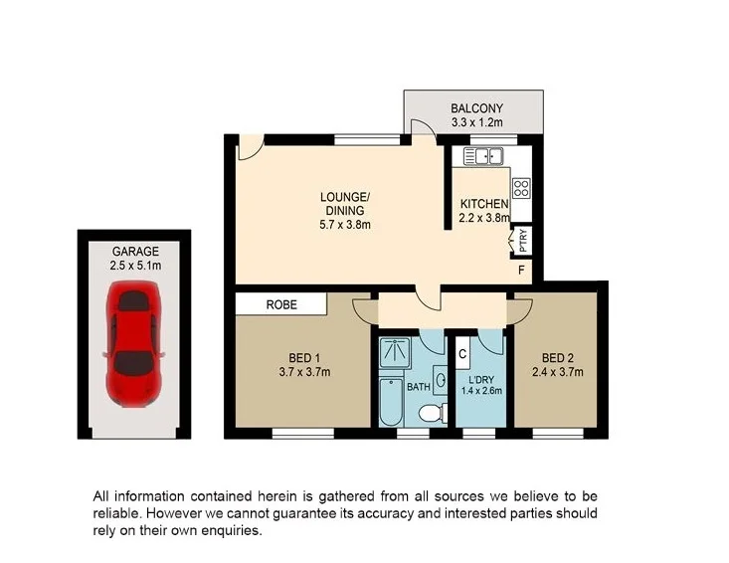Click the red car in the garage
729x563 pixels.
(x=134, y=343)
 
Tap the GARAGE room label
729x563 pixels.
(x=134, y=252)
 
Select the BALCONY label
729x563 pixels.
(x=476, y=108)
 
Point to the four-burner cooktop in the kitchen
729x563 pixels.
(x=521, y=188)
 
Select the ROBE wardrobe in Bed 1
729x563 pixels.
(x=280, y=305)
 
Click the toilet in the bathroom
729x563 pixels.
(x=430, y=412)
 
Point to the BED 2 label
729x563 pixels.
(x=557, y=359)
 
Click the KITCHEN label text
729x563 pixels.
(x=483, y=204)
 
